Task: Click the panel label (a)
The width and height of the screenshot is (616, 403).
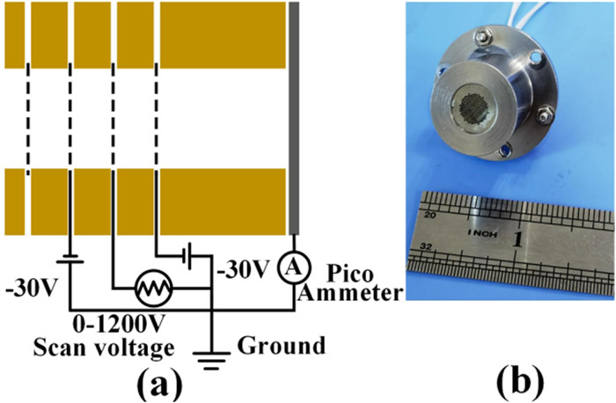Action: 158,384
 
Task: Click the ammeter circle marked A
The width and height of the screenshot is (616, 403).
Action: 293,263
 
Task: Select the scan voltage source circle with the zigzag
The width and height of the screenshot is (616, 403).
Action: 156,287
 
